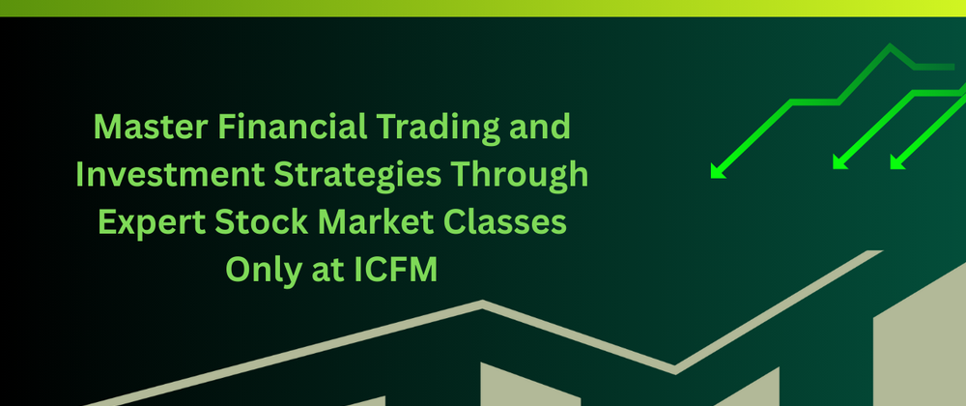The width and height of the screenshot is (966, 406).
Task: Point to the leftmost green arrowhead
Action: tap(718, 171)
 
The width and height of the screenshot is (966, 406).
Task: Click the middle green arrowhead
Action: tap(839, 162)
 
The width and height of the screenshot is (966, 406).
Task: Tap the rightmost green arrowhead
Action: tap(897, 162)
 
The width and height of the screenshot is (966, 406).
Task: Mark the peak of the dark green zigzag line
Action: tap(889, 45)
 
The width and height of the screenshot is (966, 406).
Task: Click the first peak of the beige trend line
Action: tap(482, 304)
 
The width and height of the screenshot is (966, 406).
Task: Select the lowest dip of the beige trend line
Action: tap(675, 370)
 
